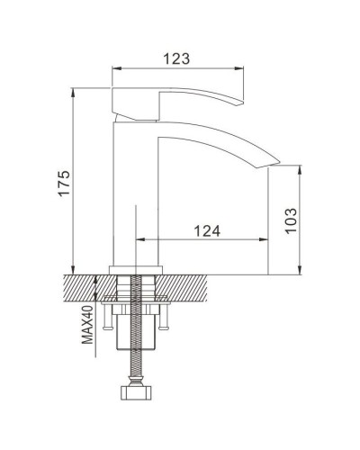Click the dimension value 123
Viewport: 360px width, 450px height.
pyautogui.click(x=177, y=58)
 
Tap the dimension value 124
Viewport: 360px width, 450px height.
pyautogui.click(x=206, y=230)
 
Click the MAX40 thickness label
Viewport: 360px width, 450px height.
pyautogui.click(x=87, y=324)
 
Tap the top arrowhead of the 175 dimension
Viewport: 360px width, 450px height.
pyautogui.click(x=73, y=92)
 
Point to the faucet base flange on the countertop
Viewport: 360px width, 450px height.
pyautogui.click(x=135, y=268)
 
